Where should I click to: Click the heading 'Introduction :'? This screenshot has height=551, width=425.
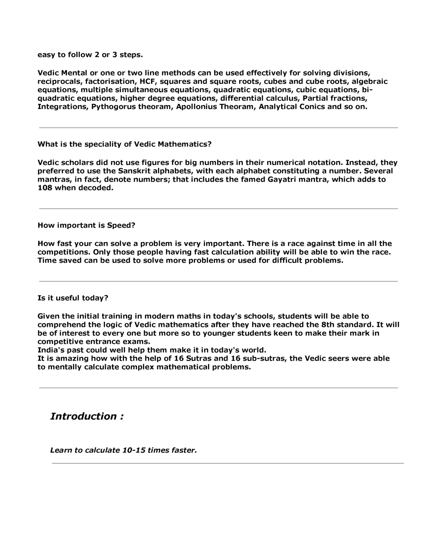87,416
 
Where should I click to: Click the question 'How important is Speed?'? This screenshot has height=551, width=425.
86,225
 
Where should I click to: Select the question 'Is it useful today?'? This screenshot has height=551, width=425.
73,298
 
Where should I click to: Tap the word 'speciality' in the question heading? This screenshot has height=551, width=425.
102,144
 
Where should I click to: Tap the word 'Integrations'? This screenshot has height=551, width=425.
62,107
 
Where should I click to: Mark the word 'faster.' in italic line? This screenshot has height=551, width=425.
184,450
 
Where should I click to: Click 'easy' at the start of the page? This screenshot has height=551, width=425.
46,55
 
